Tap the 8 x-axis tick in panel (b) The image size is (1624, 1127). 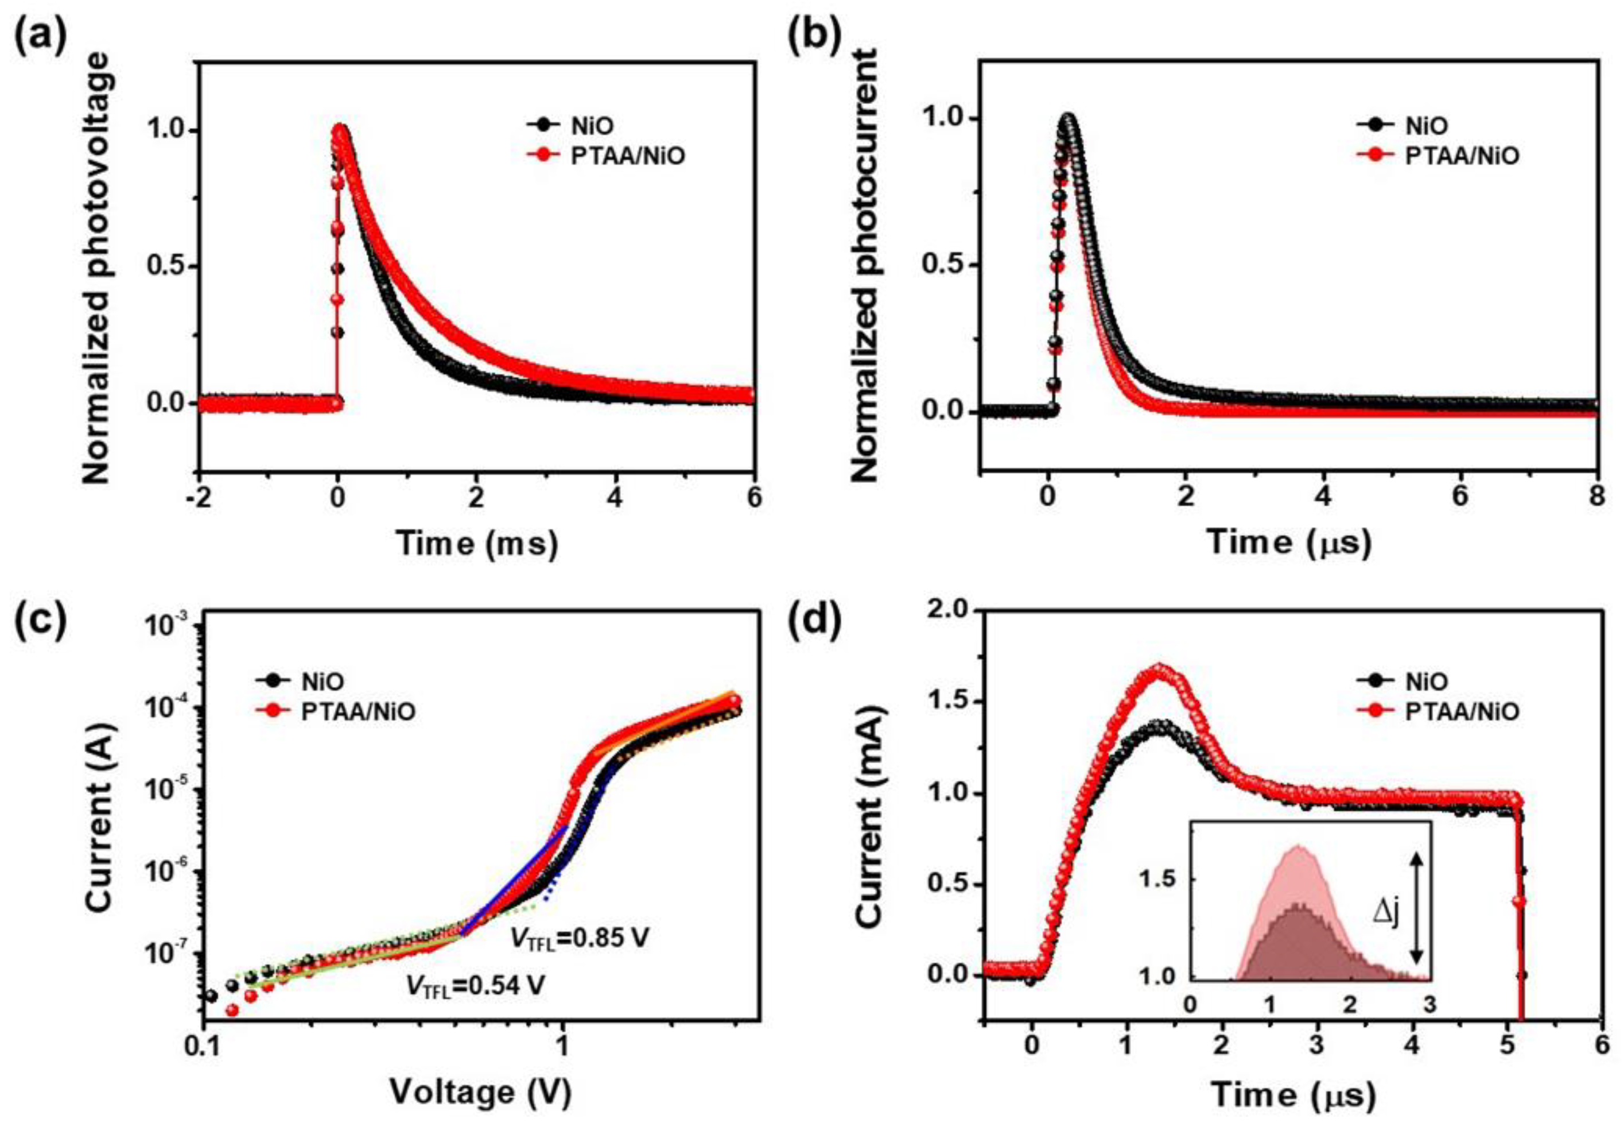point(1596,497)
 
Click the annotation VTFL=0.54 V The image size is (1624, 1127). point(475,985)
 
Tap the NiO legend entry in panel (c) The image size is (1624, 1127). point(323,681)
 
